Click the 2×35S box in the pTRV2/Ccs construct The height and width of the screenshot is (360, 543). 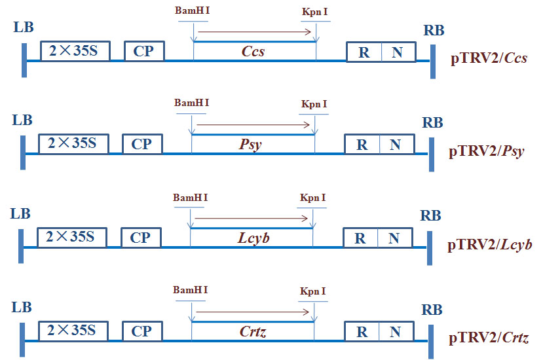(75, 51)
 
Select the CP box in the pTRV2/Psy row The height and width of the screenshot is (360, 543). (142, 143)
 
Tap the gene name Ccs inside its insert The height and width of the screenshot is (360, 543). (253, 51)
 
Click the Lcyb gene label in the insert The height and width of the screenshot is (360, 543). (253, 238)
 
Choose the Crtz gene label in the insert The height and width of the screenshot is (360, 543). (253, 331)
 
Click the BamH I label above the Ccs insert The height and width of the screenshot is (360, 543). (192, 10)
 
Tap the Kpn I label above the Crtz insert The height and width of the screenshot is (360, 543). (312, 291)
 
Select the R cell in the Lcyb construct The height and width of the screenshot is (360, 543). (360, 238)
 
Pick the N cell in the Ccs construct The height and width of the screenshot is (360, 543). (398, 52)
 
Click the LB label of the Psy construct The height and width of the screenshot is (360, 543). (22, 120)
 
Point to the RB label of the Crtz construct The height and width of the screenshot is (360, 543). (432, 310)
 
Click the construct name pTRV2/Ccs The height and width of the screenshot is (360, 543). (489, 58)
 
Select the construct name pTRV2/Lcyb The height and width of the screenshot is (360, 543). (490, 245)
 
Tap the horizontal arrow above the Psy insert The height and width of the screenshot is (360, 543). (253, 124)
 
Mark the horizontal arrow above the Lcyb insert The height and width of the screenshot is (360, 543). (252, 218)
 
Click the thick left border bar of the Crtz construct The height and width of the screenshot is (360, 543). (22, 340)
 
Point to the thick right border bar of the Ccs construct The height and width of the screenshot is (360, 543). (433, 62)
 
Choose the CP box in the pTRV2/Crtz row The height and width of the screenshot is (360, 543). (142, 331)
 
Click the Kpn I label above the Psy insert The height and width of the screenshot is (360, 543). (314, 104)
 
